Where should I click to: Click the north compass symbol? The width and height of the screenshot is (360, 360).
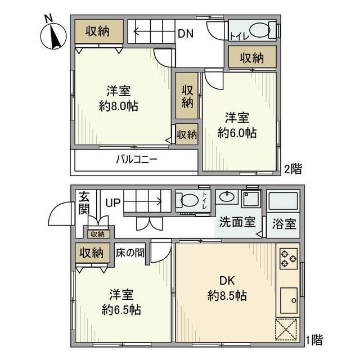[53, 35]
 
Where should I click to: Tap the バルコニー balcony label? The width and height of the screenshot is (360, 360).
[137, 159]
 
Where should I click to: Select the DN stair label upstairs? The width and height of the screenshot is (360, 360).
[186, 33]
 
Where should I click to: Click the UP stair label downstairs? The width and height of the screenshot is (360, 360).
[112, 202]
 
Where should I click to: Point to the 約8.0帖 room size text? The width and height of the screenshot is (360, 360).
[120, 105]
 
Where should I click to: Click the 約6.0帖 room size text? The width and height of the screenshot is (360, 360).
[237, 133]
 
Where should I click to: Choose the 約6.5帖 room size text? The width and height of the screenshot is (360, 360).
[121, 309]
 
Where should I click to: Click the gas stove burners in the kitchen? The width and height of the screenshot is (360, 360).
[288, 258]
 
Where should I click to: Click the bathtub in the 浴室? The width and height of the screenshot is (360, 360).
[283, 201]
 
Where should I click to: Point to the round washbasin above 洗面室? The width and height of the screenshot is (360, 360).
[227, 197]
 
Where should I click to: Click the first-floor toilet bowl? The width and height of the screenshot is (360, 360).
[187, 200]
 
